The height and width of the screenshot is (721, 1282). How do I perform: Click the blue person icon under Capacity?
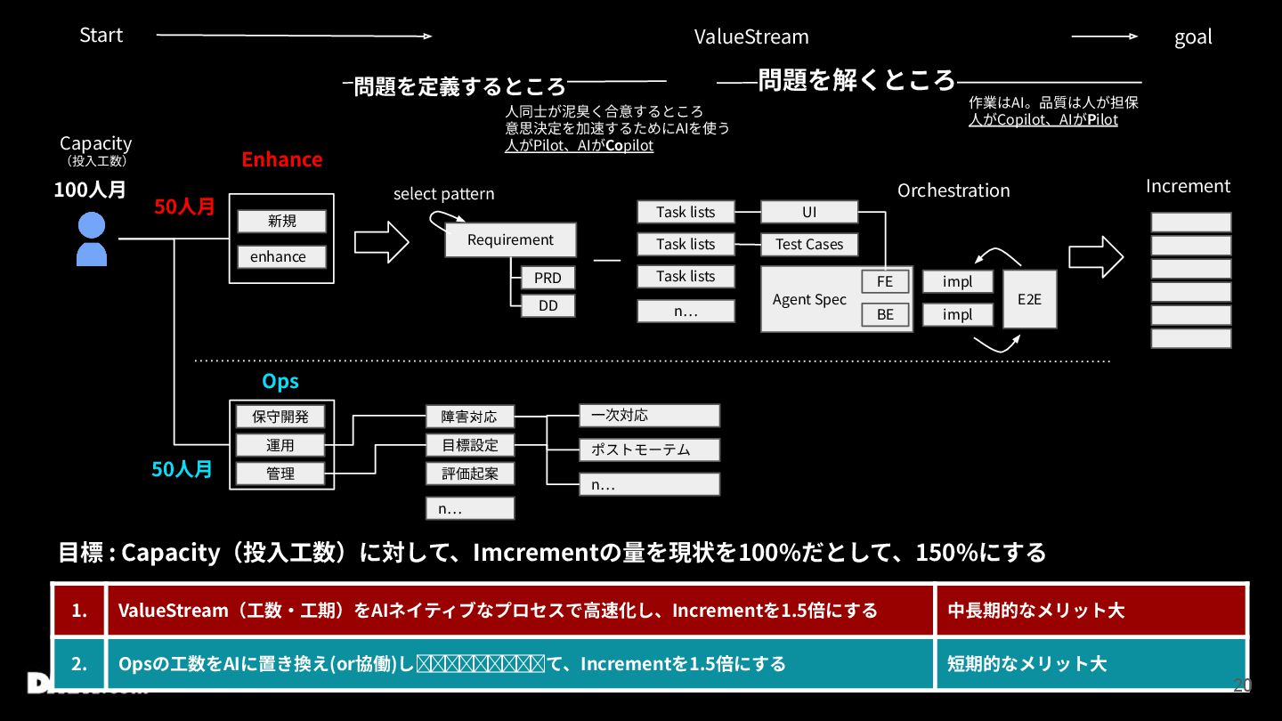(x=92, y=239)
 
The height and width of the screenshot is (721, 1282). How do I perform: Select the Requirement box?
(x=510, y=240)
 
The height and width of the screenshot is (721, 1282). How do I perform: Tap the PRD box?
(x=548, y=278)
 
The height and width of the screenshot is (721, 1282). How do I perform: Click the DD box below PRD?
(x=548, y=306)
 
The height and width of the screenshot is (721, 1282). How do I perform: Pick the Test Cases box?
(x=808, y=245)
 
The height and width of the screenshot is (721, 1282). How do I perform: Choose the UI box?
(x=808, y=212)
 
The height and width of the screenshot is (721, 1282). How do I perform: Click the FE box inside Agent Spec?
(x=885, y=282)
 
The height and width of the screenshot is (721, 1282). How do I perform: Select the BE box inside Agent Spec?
(x=885, y=314)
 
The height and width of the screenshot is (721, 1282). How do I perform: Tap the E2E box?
(x=1029, y=299)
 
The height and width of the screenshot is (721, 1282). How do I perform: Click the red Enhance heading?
(x=281, y=159)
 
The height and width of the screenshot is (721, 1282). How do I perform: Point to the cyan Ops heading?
(x=280, y=381)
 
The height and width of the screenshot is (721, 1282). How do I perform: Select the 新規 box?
(x=281, y=222)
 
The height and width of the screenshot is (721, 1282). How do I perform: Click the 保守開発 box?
(x=280, y=417)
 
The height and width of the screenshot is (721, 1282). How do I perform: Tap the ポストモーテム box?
(x=649, y=450)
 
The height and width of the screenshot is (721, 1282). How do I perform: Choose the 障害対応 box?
(x=469, y=417)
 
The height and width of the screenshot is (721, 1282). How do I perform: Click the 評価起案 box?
(x=469, y=474)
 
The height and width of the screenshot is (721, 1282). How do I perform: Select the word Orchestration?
(x=953, y=190)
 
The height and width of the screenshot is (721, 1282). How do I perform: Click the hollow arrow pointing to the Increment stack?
(x=1096, y=257)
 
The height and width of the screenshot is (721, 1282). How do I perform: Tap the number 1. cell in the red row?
(x=79, y=611)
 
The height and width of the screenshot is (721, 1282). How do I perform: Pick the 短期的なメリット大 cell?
(x=1090, y=664)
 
